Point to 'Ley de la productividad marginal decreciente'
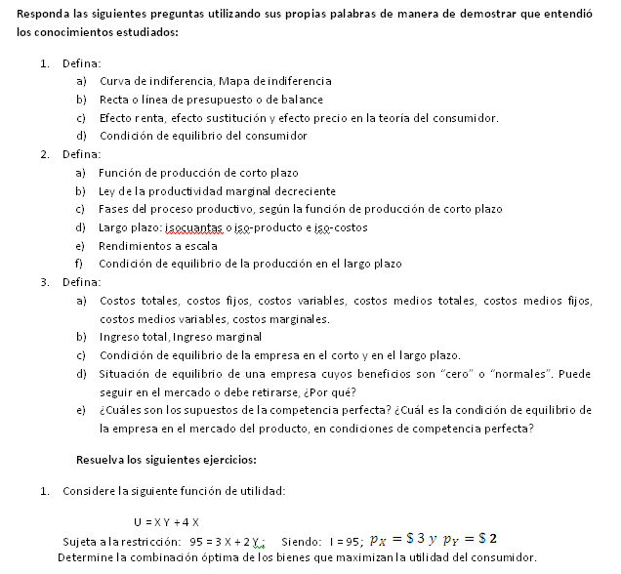[217, 191]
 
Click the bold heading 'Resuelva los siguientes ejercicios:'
[166, 459]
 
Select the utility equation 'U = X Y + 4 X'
[167, 521]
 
